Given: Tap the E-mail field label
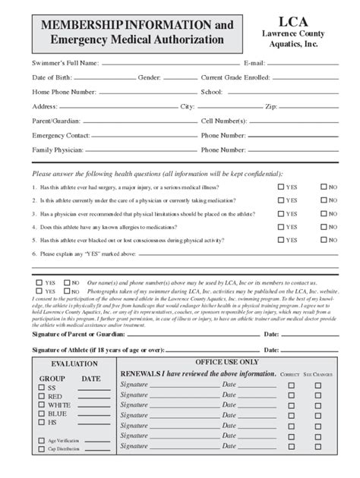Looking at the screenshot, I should [254, 62].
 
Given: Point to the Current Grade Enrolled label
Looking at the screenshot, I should [235, 77].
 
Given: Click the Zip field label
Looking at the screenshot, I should [271, 106].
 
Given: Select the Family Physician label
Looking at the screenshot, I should [58, 150].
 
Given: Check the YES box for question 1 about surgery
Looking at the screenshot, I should [281, 187].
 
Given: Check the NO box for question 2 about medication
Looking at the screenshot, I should [324, 200].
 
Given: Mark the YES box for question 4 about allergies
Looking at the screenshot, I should [281, 227].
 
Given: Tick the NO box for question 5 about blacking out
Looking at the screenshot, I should [324, 241].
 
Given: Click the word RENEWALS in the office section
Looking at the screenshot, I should [142, 374].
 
